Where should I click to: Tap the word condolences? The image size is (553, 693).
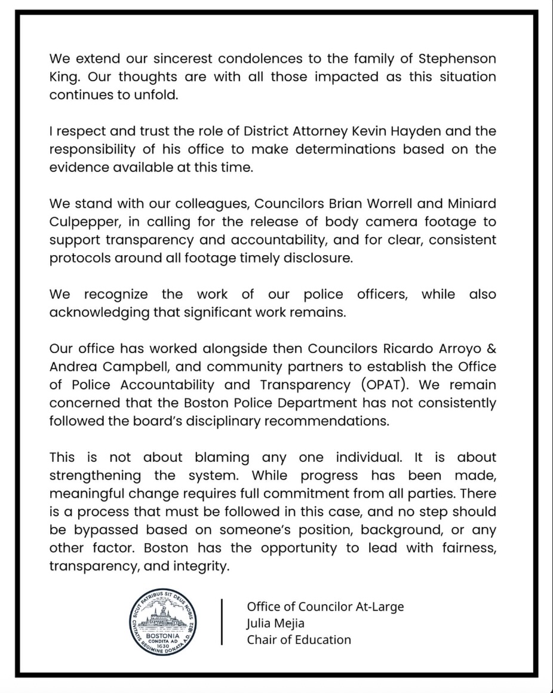248,59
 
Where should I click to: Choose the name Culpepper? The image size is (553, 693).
84,222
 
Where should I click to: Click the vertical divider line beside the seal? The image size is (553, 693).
222,623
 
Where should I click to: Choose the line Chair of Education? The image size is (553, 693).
299,639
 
